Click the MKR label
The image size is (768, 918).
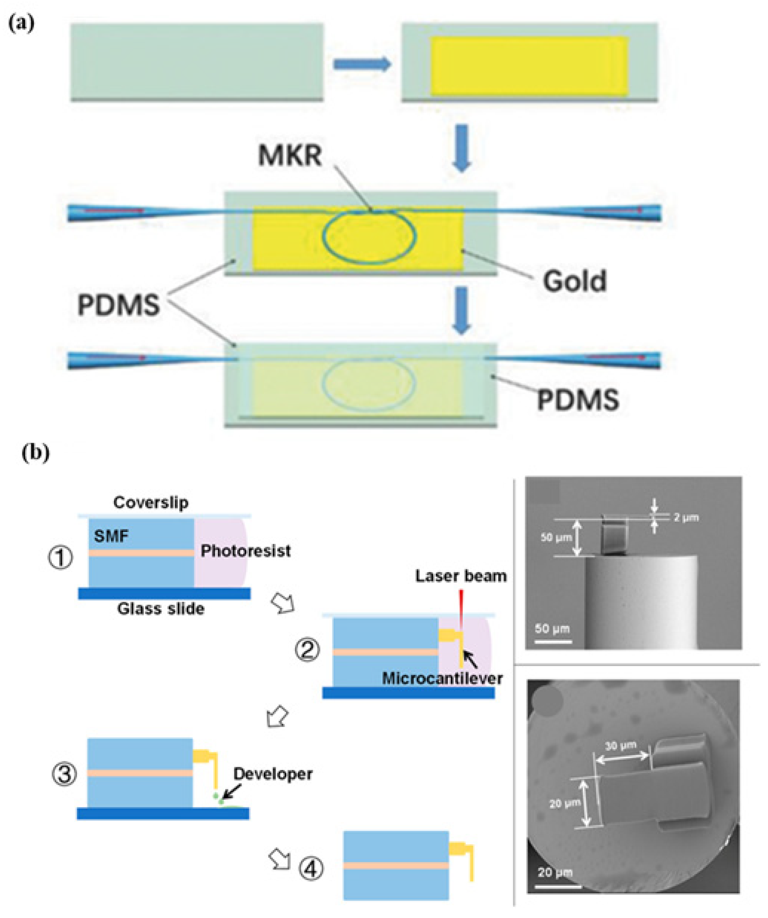pyautogui.click(x=290, y=155)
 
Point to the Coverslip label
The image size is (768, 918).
pyautogui.click(x=151, y=502)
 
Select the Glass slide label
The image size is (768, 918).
pyautogui.click(x=161, y=609)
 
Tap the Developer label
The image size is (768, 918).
pyautogui.click(x=273, y=774)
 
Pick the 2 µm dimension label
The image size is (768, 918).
pyautogui.click(x=686, y=518)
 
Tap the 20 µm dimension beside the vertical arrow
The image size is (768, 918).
pyautogui.click(x=565, y=803)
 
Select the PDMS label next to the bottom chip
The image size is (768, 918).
pyautogui.click(x=577, y=400)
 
